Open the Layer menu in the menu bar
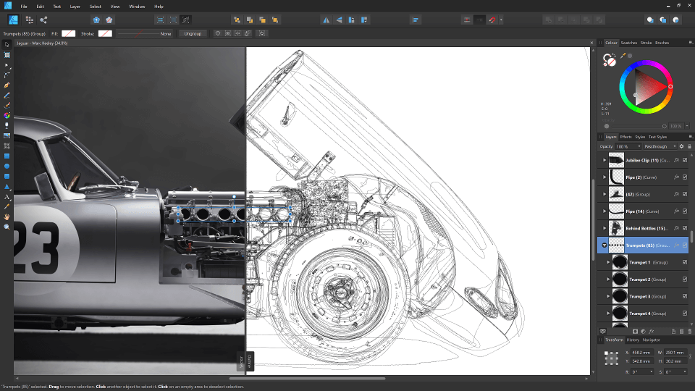(x=75, y=6)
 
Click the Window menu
(x=137, y=6)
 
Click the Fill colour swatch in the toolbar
(x=69, y=33)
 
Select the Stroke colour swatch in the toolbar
(x=105, y=33)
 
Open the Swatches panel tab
(x=628, y=43)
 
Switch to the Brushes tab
(x=662, y=43)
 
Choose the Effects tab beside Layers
(x=625, y=137)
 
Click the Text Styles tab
(x=657, y=137)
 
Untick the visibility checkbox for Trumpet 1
(x=684, y=262)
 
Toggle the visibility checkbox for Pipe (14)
(x=684, y=211)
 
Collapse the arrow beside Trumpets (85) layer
(x=604, y=245)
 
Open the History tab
(x=633, y=340)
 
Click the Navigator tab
(x=651, y=340)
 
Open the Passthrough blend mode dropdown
(x=660, y=146)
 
